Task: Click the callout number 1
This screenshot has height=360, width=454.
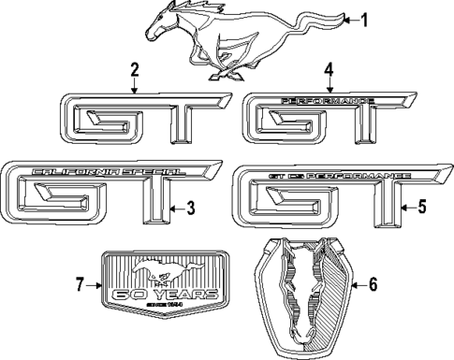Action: click(365, 19)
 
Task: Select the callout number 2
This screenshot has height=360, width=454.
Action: click(135, 70)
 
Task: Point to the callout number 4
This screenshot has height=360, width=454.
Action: click(329, 70)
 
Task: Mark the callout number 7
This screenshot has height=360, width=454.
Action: click(79, 283)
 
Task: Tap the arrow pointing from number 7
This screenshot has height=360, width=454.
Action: click(94, 283)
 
